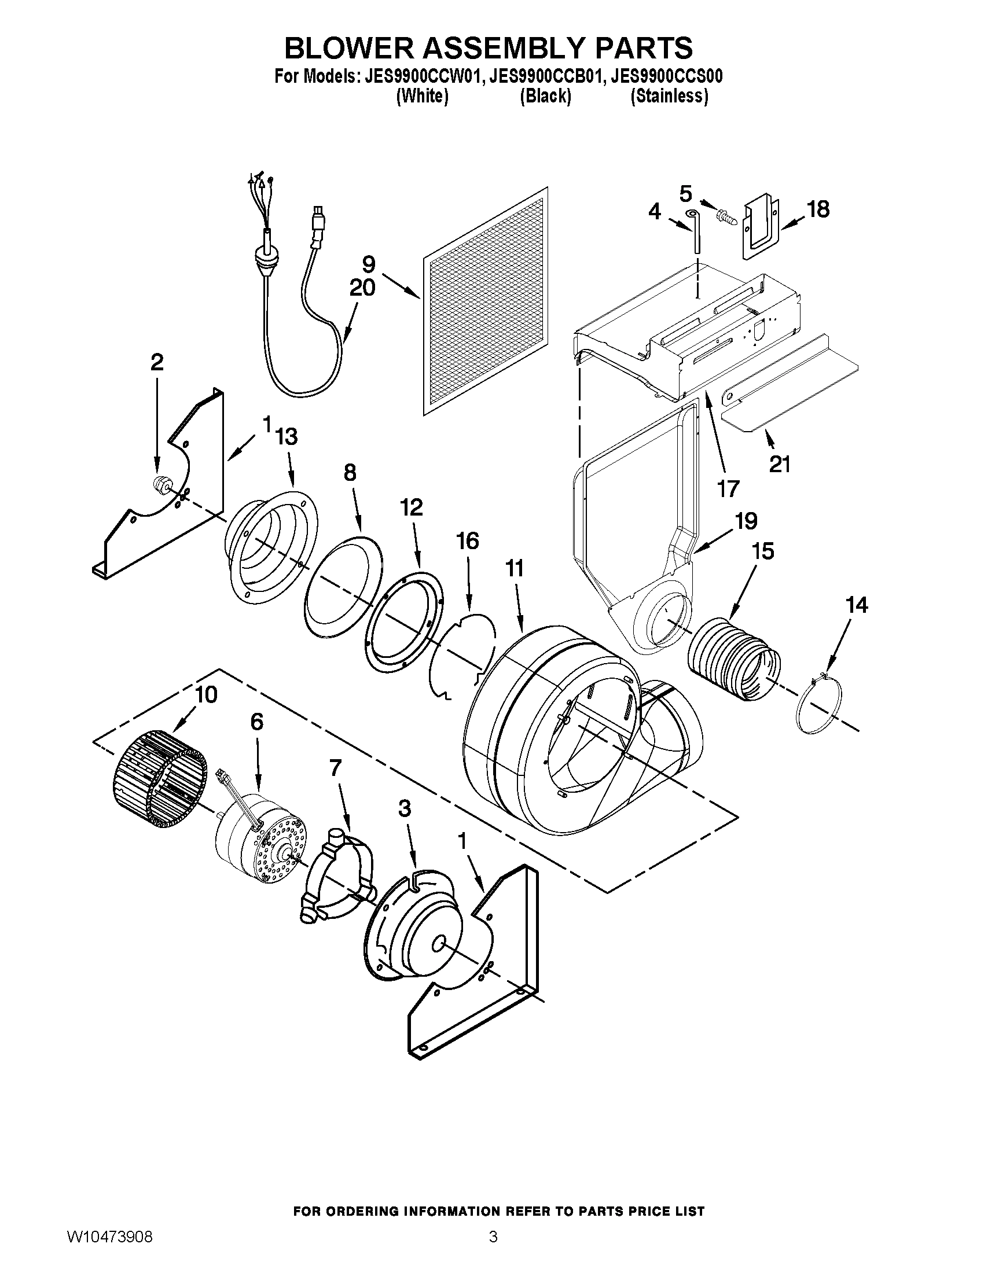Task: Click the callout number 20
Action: point(362,288)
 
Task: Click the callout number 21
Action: point(780,464)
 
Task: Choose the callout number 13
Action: point(286,436)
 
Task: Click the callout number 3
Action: point(404,808)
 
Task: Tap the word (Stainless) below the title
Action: point(669,96)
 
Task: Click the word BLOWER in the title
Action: point(348,48)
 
